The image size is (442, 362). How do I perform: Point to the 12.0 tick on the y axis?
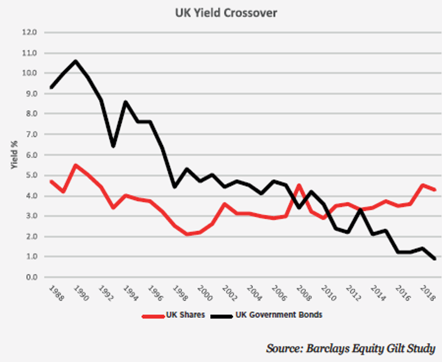(30, 32)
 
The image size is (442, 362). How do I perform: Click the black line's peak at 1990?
(76, 61)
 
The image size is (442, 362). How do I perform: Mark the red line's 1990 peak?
(76, 165)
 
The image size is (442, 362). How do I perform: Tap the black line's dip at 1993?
(113, 146)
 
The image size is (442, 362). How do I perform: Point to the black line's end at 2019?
(434, 259)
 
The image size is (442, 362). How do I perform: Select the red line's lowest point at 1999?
(187, 235)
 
